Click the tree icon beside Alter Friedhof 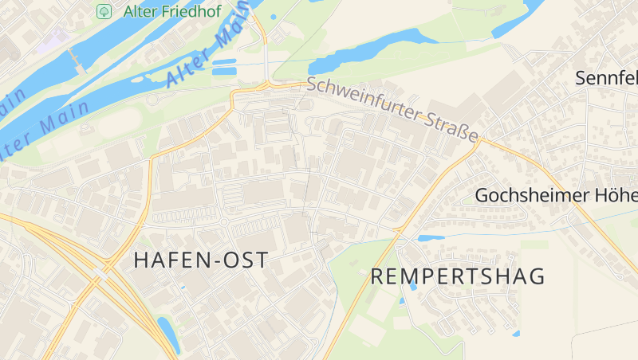click(x=104, y=11)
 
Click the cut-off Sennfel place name click(x=606, y=78)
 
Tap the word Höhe click(x=616, y=196)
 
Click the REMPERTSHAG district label click(x=458, y=276)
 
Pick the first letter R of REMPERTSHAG click(x=378, y=276)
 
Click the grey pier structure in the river click(x=76, y=61)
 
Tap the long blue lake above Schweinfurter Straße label click(x=367, y=53)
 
